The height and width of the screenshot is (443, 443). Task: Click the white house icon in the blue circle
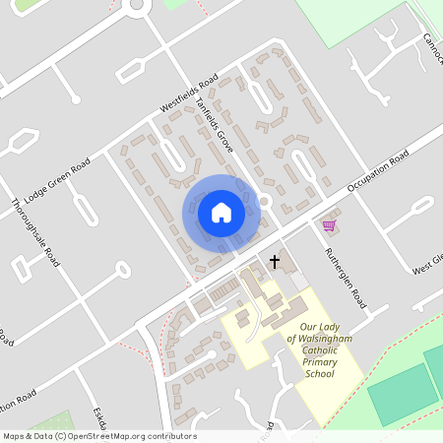pos(221,212)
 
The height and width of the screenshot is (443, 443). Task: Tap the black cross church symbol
pos(275,262)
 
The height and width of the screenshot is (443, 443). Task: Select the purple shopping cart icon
pos(329,225)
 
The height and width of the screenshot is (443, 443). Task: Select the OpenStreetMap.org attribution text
pos(128,436)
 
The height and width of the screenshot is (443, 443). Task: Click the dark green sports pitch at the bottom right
pos(399,394)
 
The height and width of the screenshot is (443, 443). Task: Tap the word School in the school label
pos(320,374)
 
